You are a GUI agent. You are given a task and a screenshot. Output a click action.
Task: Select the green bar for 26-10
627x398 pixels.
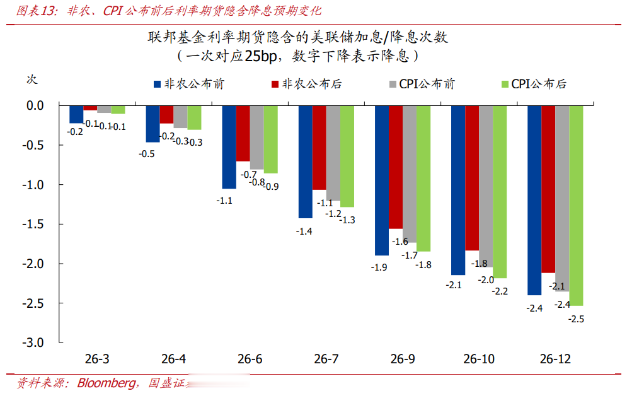[x=499, y=192]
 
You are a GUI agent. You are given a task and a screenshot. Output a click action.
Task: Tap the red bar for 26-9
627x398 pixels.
[x=395, y=167]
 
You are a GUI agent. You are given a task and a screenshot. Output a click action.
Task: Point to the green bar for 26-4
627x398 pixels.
[x=194, y=117]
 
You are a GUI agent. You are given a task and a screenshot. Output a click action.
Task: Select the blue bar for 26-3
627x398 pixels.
[x=76, y=114]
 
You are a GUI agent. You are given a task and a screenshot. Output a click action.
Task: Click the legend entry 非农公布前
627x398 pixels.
[x=188, y=83]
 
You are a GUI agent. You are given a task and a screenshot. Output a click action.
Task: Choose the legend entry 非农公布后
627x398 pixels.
[x=306, y=83]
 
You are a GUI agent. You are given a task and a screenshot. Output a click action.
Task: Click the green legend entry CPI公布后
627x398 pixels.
[x=533, y=83]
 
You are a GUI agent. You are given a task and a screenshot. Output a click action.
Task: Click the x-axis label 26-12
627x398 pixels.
[x=555, y=360]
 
